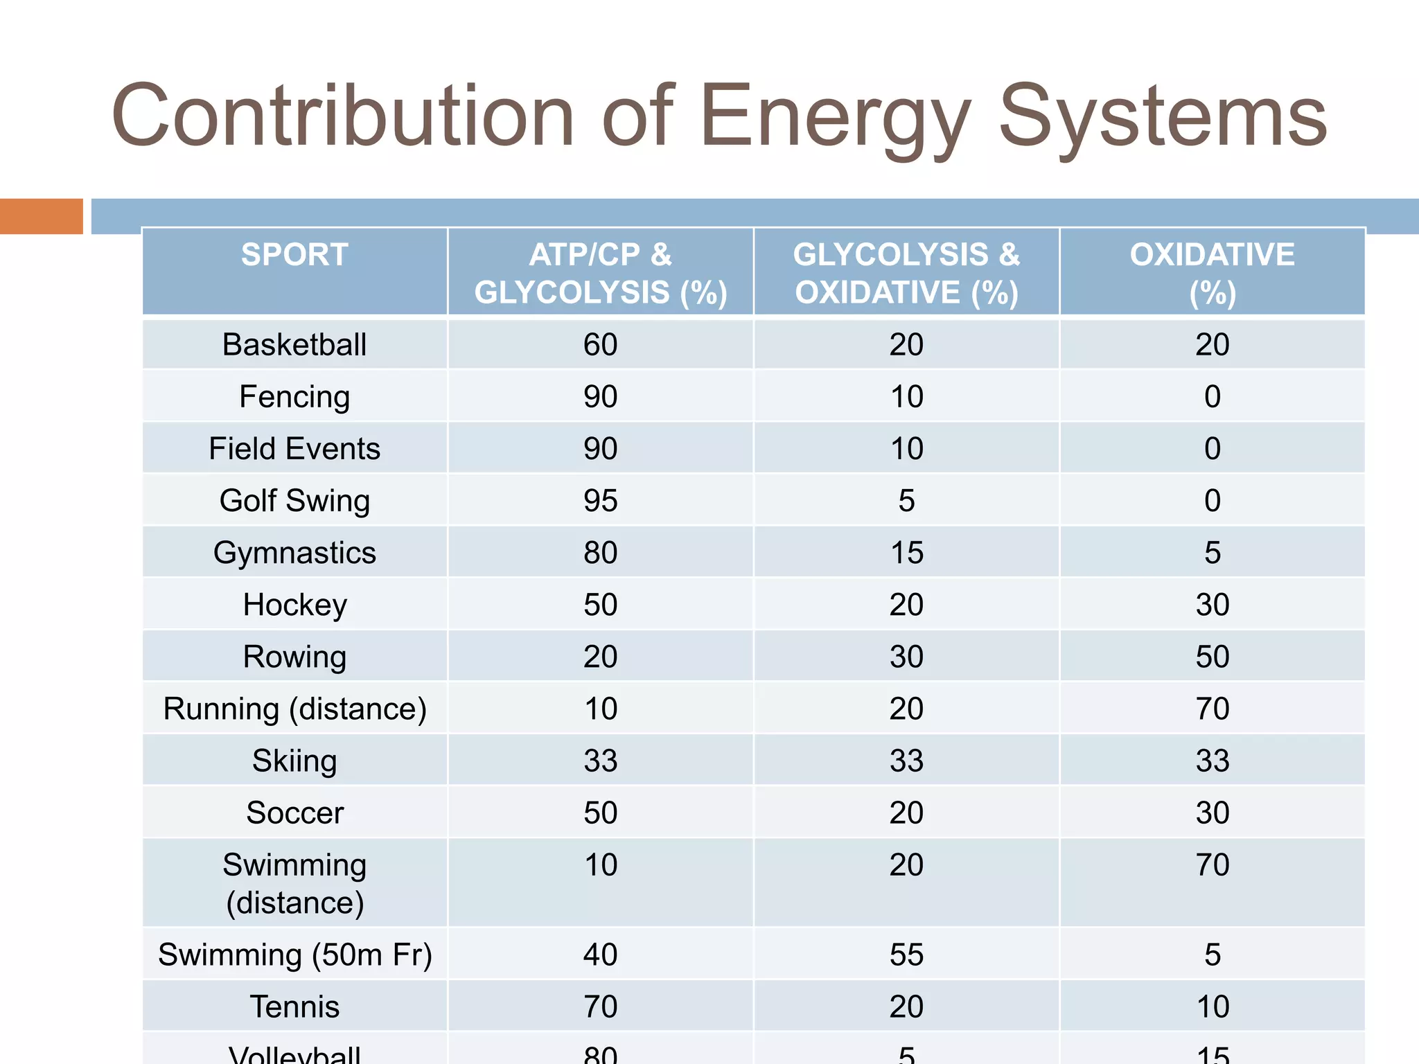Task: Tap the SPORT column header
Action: [294, 255]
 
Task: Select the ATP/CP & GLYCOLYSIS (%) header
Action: [600, 273]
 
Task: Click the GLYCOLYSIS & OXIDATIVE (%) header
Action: [906, 273]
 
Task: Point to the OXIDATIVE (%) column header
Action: [1212, 273]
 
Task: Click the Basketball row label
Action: [294, 344]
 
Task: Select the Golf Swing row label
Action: [294, 500]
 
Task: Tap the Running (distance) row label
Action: [294, 709]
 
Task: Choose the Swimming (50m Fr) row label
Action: [294, 955]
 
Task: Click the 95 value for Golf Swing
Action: [600, 500]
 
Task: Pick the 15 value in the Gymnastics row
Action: [906, 553]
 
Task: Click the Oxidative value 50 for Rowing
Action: [1212, 657]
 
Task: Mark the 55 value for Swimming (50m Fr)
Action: [906, 955]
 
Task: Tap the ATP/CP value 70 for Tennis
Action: [600, 1007]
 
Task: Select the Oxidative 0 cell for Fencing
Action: [1212, 396]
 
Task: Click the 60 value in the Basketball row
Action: [600, 344]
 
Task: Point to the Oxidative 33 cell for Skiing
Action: [1212, 761]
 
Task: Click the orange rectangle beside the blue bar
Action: [41, 216]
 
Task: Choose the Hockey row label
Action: [294, 605]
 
